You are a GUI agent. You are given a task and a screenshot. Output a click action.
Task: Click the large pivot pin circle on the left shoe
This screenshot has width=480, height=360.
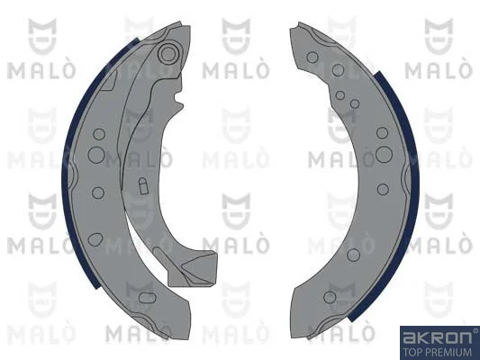click(x=168, y=54)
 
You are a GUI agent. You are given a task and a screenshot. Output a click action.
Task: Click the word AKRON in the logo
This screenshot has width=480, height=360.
click(x=437, y=337)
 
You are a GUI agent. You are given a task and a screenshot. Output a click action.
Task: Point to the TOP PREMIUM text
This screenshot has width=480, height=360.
click(x=437, y=352)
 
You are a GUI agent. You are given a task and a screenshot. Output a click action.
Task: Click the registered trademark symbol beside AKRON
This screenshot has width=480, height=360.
click(x=475, y=330)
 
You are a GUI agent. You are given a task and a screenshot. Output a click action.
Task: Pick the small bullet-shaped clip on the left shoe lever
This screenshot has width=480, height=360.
click(x=143, y=185)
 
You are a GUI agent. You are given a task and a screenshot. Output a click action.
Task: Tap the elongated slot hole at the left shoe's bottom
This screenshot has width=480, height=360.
click(x=147, y=298)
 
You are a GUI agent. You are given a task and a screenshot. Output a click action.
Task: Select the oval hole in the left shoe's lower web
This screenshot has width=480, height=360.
click(x=95, y=239)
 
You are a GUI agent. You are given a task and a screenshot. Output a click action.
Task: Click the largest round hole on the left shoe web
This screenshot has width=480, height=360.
click(x=96, y=155)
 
